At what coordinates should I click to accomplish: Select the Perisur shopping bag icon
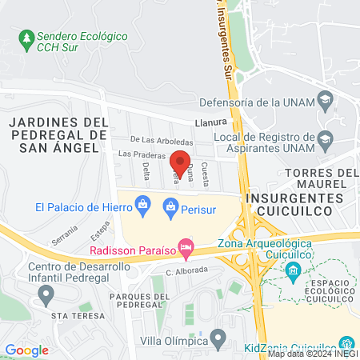click(170, 207)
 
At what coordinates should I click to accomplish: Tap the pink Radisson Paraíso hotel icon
click(186, 248)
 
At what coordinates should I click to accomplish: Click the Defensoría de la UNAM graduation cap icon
click(325, 102)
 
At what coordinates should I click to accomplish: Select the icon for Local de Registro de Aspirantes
click(325, 140)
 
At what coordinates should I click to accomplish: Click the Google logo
click(26, 350)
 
